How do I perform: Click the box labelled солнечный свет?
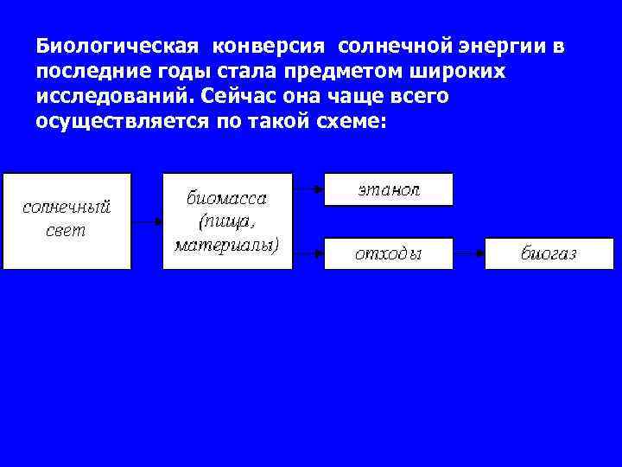point(67,221)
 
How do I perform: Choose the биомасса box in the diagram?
point(227,221)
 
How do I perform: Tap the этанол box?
point(388,189)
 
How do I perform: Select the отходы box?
point(388,253)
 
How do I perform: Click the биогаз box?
point(549,253)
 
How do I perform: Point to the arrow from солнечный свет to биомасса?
point(147,221)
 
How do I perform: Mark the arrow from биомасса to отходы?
point(308,253)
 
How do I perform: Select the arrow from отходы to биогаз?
point(468,253)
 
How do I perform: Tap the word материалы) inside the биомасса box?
point(227,246)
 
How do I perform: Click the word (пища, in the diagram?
point(227,221)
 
